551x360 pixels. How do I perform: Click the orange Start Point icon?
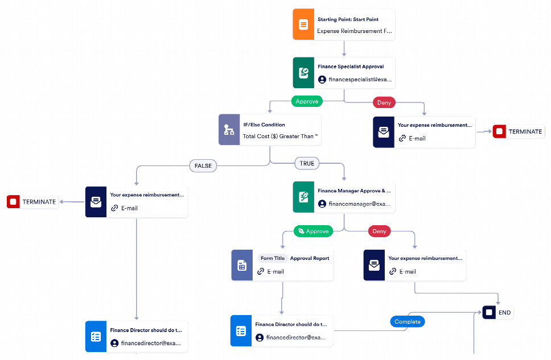pos(303,24)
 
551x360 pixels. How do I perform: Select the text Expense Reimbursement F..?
pos(353,31)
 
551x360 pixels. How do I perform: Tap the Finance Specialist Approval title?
pos(351,67)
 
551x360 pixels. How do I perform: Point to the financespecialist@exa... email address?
pos(360,80)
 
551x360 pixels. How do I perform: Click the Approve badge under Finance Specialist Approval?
pos(307,101)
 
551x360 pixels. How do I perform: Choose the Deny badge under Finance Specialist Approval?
pos(384,102)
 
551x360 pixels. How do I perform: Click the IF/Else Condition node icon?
pos(229,130)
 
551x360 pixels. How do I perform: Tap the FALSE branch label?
pos(203,165)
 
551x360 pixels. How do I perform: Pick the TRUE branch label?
pos(307,163)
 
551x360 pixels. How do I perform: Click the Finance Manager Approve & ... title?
pos(354,191)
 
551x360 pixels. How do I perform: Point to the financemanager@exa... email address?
pos(360,204)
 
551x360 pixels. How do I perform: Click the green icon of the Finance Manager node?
pos(303,197)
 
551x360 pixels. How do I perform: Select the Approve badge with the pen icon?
pos(313,231)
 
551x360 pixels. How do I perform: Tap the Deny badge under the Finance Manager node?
pos(379,231)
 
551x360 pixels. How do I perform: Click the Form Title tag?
pos(272,258)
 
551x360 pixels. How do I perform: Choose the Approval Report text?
pos(310,258)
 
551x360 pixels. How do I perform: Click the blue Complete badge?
pos(408,321)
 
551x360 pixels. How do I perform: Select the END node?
pos(498,312)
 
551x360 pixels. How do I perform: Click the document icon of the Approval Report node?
pos(242,265)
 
